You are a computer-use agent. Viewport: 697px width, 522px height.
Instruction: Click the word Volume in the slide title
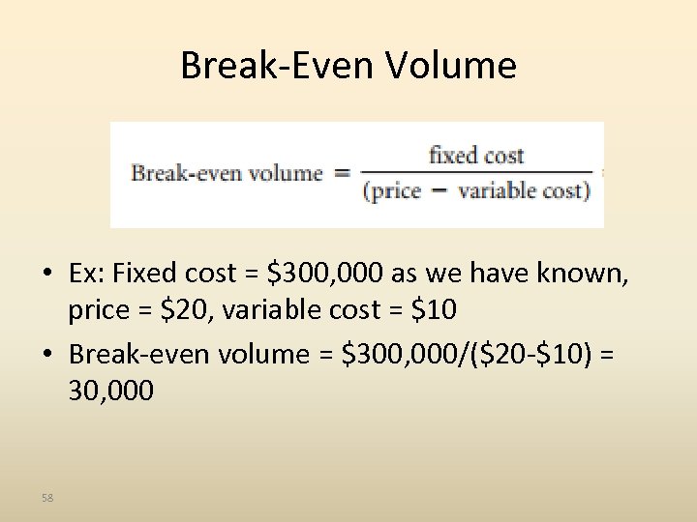click(451, 66)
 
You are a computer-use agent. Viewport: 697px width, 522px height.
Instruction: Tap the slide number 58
click(47, 497)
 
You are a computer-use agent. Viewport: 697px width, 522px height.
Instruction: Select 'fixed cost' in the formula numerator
click(476, 155)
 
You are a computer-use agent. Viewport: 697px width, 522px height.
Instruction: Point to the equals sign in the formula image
click(342, 173)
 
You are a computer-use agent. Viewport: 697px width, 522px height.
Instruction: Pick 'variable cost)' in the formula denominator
click(524, 190)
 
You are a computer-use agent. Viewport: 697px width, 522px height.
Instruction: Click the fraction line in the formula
click(475, 173)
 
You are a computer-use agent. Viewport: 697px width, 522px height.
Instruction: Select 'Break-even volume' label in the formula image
click(227, 174)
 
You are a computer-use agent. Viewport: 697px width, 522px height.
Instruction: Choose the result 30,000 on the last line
click(110, 391)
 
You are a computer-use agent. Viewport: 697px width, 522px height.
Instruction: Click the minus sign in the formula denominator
click(439, 190)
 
